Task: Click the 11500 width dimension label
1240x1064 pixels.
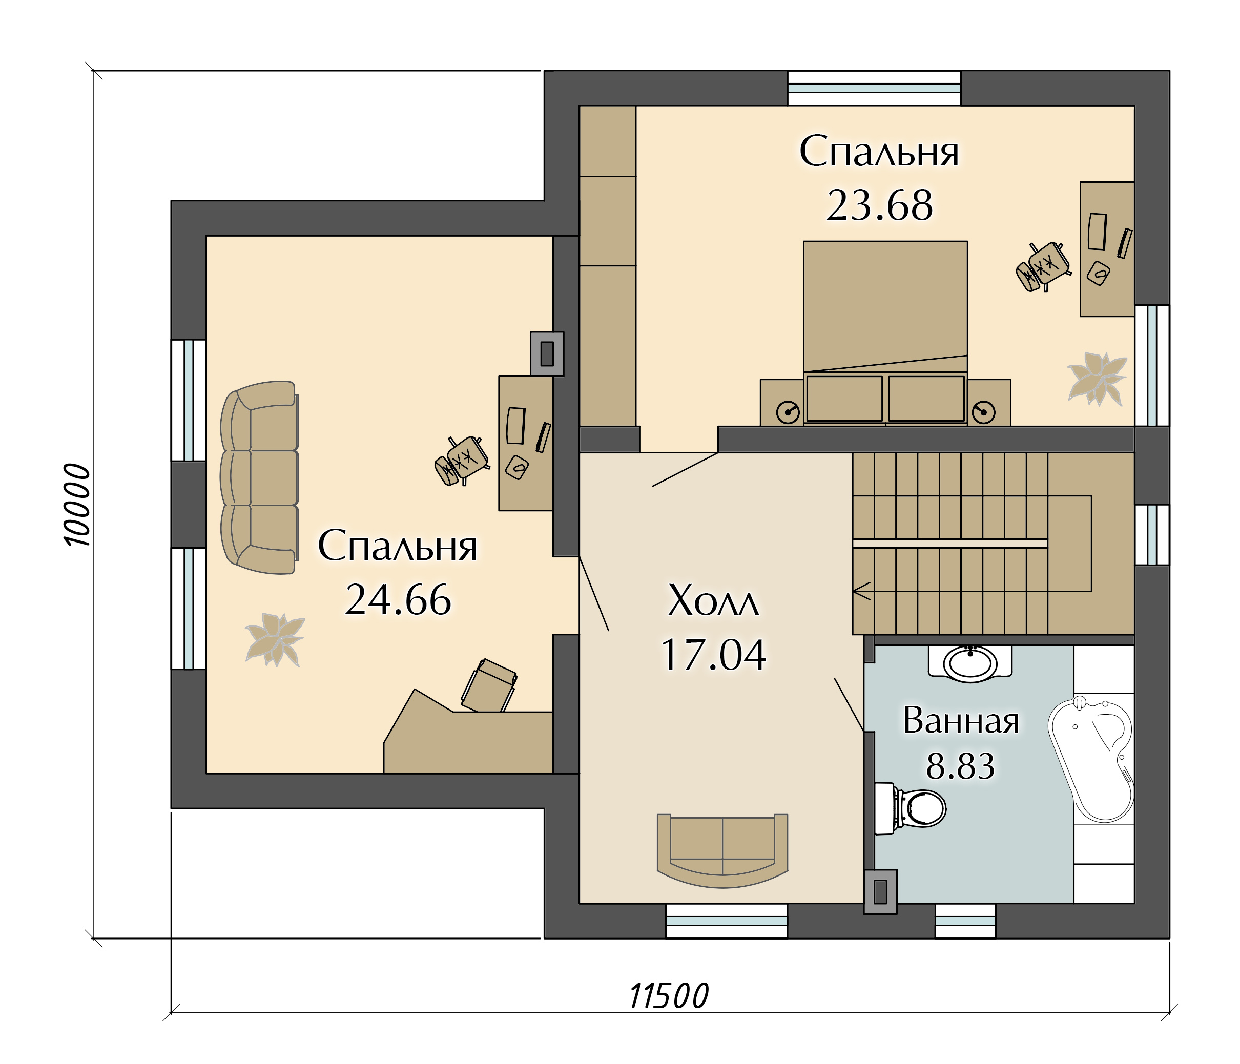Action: (669, 996)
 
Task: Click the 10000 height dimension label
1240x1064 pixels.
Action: (78, 505)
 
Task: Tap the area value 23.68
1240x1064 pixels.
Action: (879, 206)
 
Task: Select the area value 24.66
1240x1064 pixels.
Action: (398, 600)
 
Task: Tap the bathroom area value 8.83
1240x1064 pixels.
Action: (961, 766)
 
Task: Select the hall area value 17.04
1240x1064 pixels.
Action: (713, 655)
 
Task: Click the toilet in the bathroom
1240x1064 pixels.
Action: (910, 808)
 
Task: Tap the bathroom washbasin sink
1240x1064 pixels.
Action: (970, 663)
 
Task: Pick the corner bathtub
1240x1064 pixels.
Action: (1091, 759)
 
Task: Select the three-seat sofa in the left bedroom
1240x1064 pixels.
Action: (259, 477)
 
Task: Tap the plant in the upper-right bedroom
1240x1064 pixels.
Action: (1097, 378)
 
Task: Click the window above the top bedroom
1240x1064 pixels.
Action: (874, 88)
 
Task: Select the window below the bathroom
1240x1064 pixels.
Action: (965, 921)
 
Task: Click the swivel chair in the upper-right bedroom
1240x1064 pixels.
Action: (1043, 267)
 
